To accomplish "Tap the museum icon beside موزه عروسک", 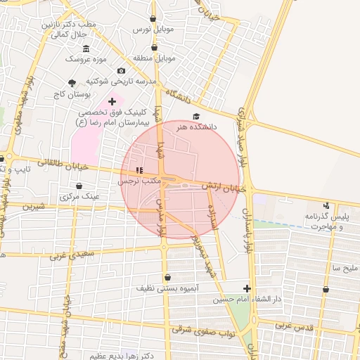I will pos(86,49).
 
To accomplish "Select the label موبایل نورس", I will pos(154,31).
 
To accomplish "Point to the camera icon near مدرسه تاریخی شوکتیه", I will pos(122,71).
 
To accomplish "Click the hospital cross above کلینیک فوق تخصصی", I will pos(112,102).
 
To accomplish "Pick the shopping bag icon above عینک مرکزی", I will pos(79,186).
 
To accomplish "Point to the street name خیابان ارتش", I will pos(225,187).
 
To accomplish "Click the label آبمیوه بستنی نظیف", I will pos(167,288).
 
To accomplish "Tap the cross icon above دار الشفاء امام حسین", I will pos(247,288).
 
